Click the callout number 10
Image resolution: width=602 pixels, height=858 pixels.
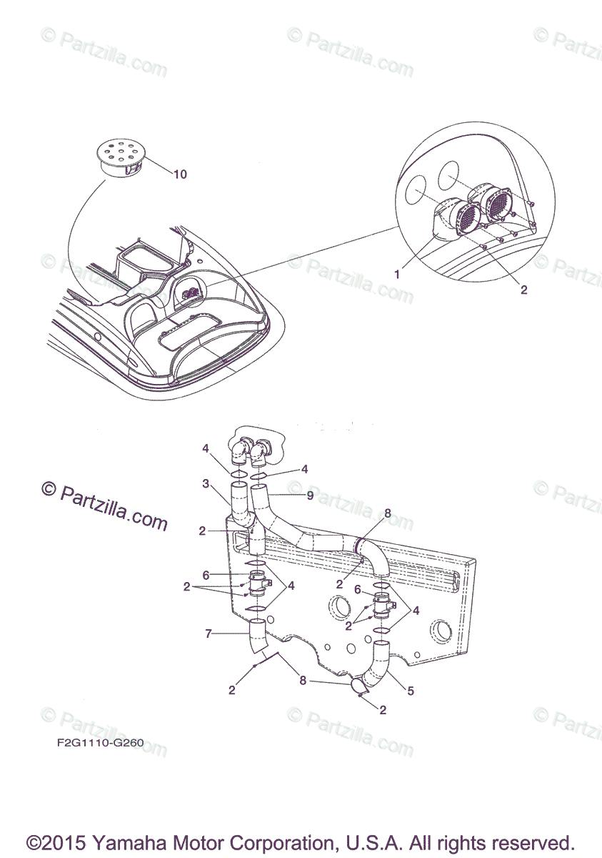pyautogui.click(x=180, y=174)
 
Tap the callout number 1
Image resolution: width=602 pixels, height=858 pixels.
pyautogui.click(x=398, y=273)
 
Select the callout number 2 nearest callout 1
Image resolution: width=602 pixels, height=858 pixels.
pyautogui.click(x=523, y=290)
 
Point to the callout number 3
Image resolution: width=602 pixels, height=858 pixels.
pyautogui.click(x=206, y=483)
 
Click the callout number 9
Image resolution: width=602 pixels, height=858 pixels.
pyautogui.click(x=310, y=494)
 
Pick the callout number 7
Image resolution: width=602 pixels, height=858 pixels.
pyautogui.click(x=208, y=633)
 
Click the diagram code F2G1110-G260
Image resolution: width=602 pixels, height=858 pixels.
pyautogui.click(x=100, y=742)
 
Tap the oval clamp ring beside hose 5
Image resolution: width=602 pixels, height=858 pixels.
pyautogui.click(x=358, y=686)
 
